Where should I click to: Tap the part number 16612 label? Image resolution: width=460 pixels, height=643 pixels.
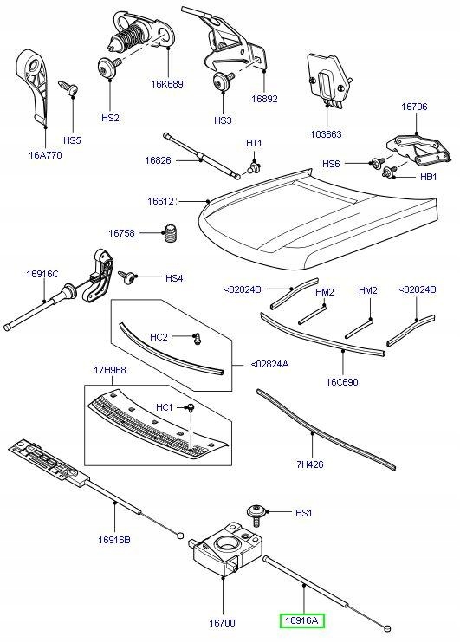click(161, 200)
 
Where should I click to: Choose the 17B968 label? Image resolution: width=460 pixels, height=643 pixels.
click(110, 371)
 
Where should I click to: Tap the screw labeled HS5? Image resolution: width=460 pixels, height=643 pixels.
click(67, 88)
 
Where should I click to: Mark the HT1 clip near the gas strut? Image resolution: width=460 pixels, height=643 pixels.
click(254, 163)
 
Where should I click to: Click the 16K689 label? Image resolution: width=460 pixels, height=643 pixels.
click(167, 85)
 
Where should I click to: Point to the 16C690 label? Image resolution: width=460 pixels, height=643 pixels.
click(342, 382)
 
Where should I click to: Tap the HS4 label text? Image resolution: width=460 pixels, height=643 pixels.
click(174, 278)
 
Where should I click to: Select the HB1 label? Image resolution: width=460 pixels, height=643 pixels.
click(428, 176)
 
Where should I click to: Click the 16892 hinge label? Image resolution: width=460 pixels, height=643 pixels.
click(264, 99)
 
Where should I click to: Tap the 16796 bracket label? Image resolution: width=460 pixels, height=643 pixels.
click(415, 107)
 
